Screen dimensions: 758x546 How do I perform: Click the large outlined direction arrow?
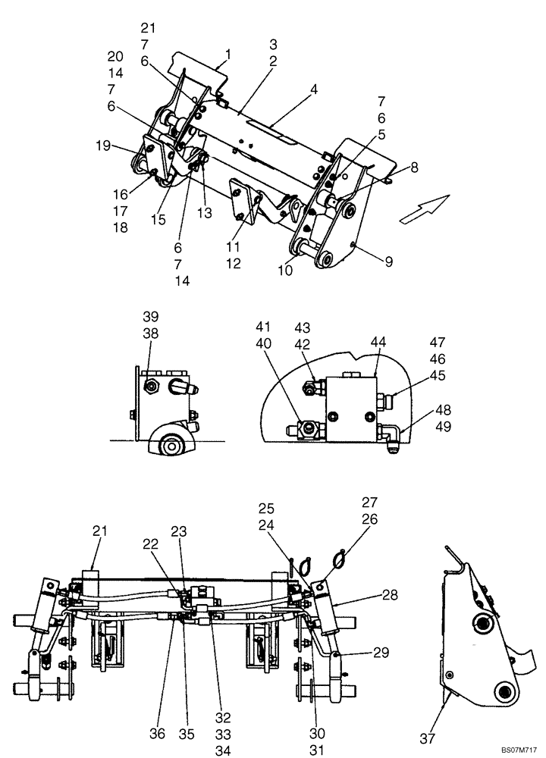[425, 208]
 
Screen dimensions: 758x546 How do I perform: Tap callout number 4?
[313, 89]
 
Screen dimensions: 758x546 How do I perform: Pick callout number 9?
[388, 262]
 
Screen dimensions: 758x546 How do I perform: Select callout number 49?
[443, 426]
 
